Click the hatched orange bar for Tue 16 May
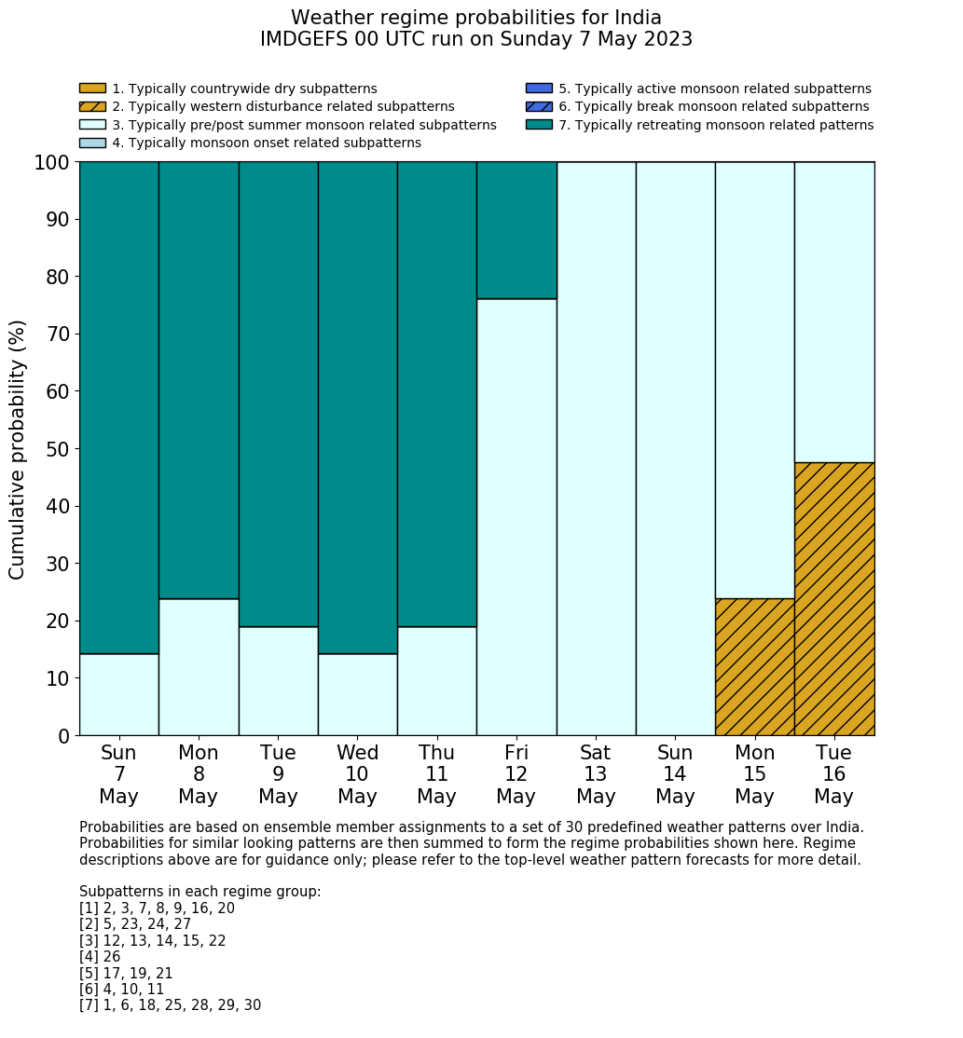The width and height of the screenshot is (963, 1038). [x=834, y=598]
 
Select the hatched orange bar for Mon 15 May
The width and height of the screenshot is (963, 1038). [x=754, y=666]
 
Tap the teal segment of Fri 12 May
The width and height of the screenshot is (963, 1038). [x=516, y=230]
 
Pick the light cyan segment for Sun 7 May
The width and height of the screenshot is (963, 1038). [x=118, y=694]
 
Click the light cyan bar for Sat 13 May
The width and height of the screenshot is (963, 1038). [x=596, y=448]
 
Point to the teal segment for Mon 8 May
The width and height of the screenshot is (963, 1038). [x=199, y=380]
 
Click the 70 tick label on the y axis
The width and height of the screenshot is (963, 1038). [x=58, y=335]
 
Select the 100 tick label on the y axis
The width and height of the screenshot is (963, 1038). [x=52, y=163]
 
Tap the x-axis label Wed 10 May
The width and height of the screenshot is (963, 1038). [x=357, y=774]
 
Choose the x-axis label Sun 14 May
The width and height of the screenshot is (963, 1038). [x=675, y=774]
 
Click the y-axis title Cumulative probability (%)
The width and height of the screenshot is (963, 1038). [x=18, y=449]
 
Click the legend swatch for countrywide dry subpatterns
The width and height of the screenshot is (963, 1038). [x=92, y=89]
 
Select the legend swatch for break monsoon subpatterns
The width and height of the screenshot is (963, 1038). [x=539, y=106]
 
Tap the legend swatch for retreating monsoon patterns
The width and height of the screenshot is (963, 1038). [x=539, y=125]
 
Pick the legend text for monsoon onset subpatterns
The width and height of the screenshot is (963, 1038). [x=267, y=143]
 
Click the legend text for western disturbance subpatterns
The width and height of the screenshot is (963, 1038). [x=283, y=106]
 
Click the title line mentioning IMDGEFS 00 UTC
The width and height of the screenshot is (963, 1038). [x=476, y=39]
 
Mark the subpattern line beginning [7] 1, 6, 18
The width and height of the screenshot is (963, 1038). [x=170, y=1005]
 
